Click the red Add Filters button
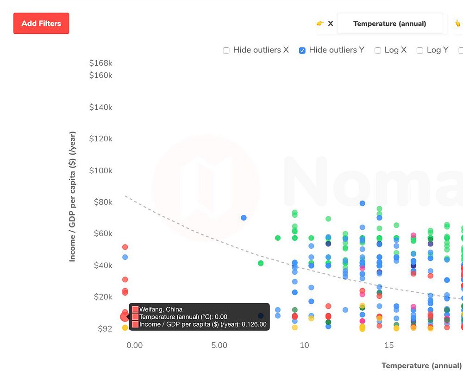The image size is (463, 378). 41,23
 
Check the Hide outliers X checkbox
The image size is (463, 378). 226,50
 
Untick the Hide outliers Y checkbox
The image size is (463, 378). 302,50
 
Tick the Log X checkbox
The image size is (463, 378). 378,50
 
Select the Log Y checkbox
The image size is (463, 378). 420,50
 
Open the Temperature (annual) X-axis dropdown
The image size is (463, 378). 389,24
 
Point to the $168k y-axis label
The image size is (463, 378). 101,63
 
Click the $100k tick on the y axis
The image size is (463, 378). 101,170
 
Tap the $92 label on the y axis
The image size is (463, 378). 105,328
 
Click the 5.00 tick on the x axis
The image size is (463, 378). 219,345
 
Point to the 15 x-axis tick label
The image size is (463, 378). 389,345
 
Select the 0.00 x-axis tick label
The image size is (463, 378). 134,345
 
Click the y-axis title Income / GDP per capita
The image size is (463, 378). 72,196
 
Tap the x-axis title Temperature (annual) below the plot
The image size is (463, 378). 421,365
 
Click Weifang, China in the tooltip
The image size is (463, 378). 161,309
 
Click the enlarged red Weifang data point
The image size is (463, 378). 124,317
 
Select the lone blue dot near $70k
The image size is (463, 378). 244,218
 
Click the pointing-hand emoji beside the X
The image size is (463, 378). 319,24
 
